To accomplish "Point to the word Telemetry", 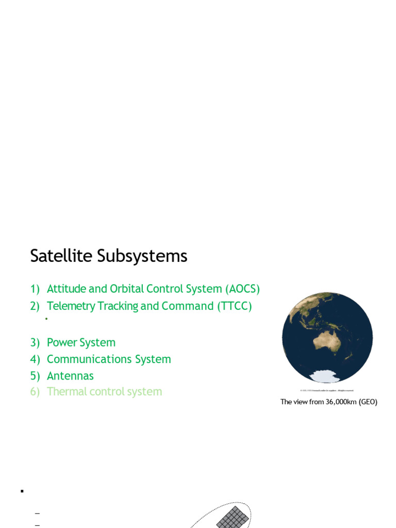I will pyautogui.click(x=71, y=306).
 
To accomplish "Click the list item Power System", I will pyautogui.click(x=81, y=342).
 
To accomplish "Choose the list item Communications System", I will pyautogui.click(x=109, y=359).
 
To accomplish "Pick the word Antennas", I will pyautogui.click(x=70, y=376).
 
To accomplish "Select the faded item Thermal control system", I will pyautogui.click(x=104, y=391).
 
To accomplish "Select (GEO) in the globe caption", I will pyautogui.click(x=367, y=402).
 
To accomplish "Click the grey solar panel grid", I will pyautogui.click(x=232, y=517).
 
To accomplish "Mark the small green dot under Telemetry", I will pyautogui.click(x=46, y=319).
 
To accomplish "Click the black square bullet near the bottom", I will pyautogui.click(x=22, y=491).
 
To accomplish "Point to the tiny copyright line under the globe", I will pyautogui.click(x=326, y=390).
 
